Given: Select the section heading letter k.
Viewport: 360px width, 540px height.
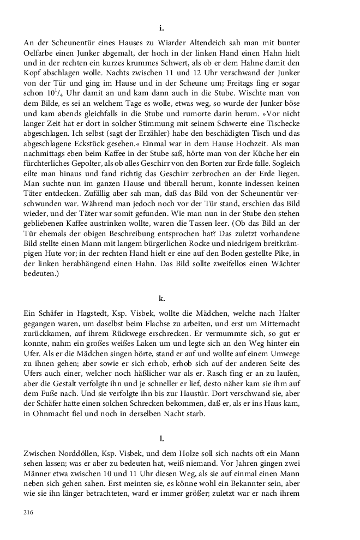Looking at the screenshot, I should click(x=161, y=298).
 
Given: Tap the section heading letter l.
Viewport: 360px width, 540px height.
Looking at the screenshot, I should click(x=161, y=438).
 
